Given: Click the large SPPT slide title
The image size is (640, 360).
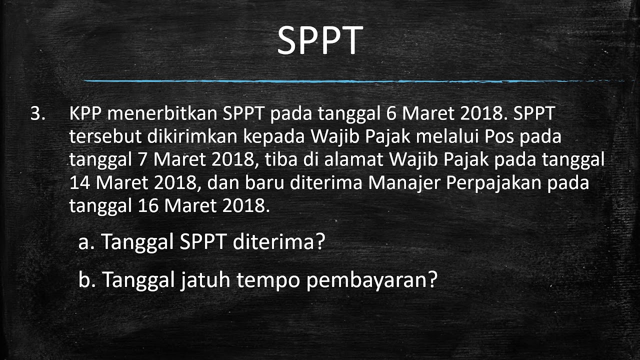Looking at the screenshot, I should [x=320, y=41].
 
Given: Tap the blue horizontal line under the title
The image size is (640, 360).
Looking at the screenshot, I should [x=350, y=81].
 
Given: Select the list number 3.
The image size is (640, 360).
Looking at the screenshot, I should [x=37, y=114].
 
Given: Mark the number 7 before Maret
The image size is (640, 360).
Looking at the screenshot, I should [x=141, y=160].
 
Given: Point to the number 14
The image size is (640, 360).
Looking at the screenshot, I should [x=79, y=183].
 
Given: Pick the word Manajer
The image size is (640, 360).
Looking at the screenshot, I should [x=404, y=183].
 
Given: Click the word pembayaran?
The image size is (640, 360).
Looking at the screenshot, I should [x=372, y=281].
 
